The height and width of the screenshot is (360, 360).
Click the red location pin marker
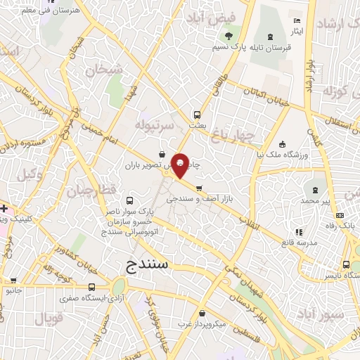coord(181,165)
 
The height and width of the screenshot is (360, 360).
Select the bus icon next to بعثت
coord(198,115)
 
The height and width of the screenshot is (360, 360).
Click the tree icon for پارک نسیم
coord(228,37)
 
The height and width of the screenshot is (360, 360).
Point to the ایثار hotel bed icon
coord(297,20)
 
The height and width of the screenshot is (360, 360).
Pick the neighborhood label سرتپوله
coord(155,124)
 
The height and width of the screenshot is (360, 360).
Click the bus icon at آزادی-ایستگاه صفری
coord(92,287)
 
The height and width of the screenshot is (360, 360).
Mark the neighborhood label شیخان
coord(103,70)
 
